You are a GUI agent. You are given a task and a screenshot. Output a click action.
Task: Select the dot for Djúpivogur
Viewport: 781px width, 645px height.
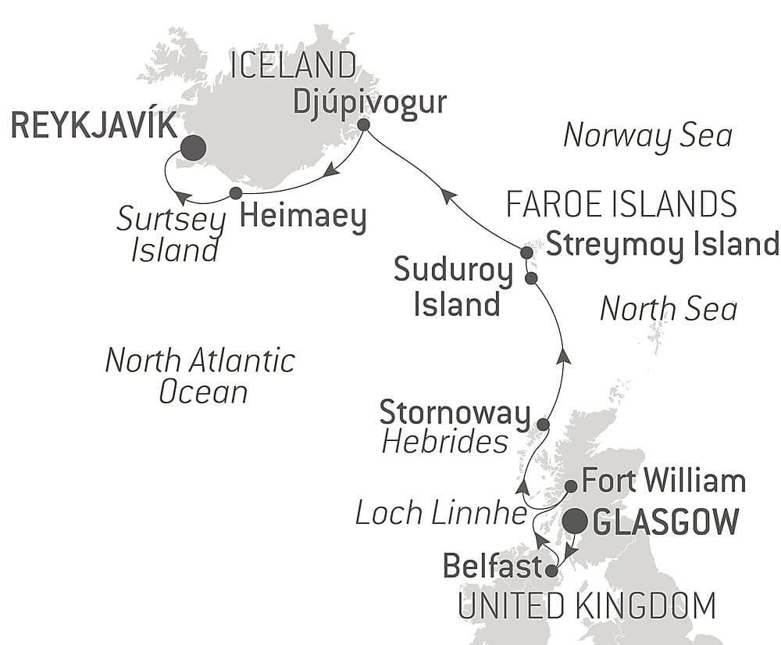click(363, 124)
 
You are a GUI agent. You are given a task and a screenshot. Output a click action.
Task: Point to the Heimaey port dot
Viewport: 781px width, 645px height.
click(235, 192)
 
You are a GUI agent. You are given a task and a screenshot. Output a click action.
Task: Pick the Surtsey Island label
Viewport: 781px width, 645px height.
click(167, 234)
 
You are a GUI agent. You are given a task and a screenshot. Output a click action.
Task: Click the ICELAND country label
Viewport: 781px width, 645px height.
click(293, 67)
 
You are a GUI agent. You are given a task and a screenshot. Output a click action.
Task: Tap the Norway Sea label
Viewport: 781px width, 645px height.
click(647, 135)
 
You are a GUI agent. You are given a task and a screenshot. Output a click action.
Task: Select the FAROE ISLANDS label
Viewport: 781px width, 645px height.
click(622, 205)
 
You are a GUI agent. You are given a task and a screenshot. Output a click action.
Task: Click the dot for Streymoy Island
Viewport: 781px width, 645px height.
click(526, 253)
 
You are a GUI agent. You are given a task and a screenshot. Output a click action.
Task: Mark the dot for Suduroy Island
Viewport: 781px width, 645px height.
click(531, 278)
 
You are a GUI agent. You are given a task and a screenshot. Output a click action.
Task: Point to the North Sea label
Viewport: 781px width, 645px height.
click(668, 309)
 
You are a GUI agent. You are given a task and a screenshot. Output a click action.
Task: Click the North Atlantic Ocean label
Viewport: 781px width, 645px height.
click(200, 375)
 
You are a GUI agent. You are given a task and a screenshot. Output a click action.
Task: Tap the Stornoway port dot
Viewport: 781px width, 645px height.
click(543, 425)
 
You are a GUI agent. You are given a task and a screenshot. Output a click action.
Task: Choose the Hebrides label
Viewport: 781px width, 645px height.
click(444, 443)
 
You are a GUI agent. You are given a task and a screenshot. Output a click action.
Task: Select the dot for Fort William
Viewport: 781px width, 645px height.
click(571, 486)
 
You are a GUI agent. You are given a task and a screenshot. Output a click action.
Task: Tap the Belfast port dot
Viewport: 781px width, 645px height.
click(551, 572)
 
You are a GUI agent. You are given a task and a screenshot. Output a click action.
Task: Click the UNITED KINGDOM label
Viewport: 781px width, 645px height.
click(587, 606)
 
